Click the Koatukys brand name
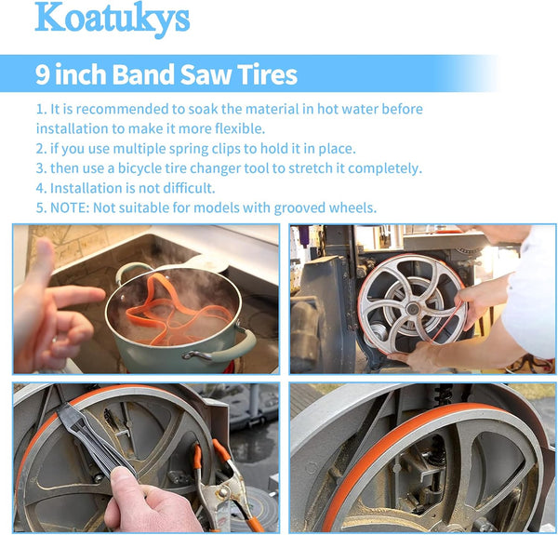tap(113, 20)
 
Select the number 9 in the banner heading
tap(43, 74)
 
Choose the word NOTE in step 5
tap(70, 207)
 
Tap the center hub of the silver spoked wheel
tap(412, 308)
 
